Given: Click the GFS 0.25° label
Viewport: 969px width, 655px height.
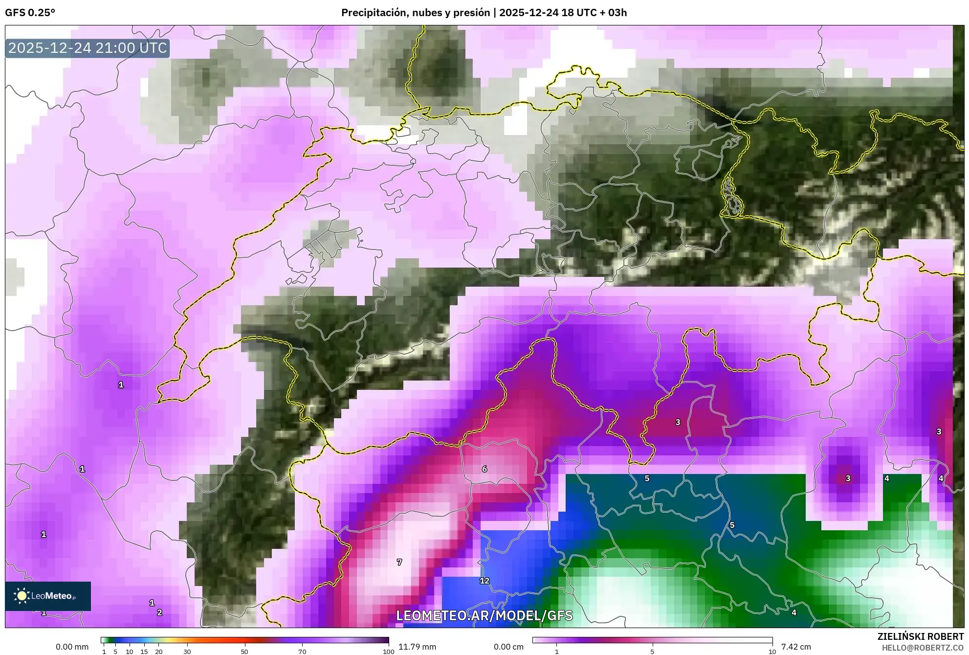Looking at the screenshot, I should [x=30, y=13].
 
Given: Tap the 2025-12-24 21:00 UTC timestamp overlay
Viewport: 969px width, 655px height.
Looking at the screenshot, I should [x=88, y=48].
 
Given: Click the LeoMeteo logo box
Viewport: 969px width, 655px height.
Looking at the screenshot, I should [x=48, y=596].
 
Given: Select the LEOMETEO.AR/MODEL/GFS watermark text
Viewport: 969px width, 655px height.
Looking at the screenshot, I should [x=484, y=615].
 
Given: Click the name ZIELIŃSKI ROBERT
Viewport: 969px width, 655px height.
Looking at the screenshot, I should [x=920, y=636].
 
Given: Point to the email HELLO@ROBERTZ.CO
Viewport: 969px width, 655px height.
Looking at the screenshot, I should [x=923, y=647].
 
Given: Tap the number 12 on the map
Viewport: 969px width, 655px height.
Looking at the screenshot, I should [x=484, y=581].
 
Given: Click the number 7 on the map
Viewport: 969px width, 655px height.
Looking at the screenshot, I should [x=399, y=562].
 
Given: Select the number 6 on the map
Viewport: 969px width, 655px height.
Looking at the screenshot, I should [x=484, y=469].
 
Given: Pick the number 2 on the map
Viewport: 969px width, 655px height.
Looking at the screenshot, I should [x=159, y=612].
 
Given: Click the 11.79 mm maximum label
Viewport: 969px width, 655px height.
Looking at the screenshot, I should [x=417, y=647].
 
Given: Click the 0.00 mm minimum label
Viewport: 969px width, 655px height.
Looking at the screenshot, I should [x=72, y=647].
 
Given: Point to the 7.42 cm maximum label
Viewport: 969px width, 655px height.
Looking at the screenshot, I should [x=796, y=647].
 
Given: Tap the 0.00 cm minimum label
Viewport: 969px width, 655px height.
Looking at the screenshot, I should [x=508, y=647].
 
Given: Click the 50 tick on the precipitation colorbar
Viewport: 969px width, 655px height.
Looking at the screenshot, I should [x=244, y=651].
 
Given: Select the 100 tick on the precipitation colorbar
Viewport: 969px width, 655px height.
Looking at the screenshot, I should [x=388, y=651].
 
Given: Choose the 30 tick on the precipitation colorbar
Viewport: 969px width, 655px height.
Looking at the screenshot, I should [x=187, y=651].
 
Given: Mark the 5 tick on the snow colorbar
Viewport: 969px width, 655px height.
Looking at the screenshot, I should [x=652, y=651].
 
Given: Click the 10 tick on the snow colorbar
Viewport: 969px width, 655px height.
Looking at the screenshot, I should [x=772, y=651].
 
